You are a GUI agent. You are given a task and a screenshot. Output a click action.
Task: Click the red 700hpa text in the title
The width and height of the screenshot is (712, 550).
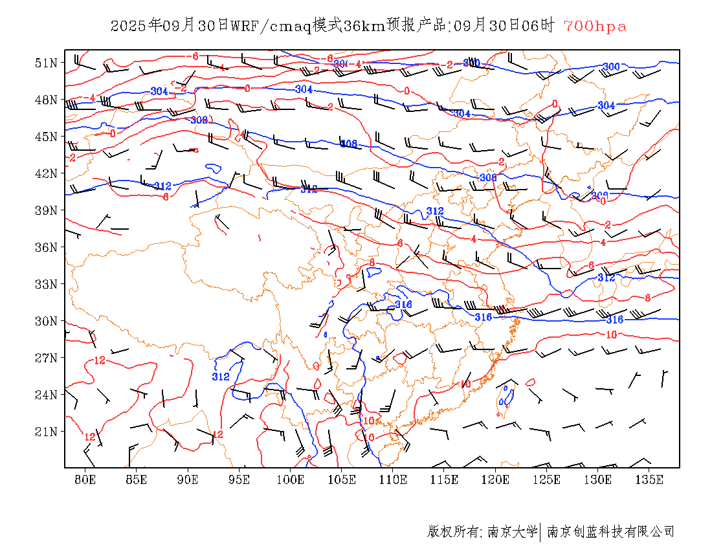coord(595,27)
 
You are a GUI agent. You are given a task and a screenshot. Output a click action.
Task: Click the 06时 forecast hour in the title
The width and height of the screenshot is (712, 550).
coord(539,27)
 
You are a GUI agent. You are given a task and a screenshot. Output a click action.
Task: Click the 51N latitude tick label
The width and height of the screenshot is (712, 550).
coord(46,63)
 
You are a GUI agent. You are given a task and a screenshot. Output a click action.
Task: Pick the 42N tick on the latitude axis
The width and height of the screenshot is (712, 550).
coord(46,173)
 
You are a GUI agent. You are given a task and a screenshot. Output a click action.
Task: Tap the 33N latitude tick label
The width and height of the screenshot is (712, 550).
coord(46,284)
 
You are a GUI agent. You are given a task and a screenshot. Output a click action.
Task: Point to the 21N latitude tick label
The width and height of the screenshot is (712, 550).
coord(46,432)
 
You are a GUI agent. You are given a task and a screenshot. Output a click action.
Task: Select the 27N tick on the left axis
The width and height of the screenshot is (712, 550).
coord(46,358)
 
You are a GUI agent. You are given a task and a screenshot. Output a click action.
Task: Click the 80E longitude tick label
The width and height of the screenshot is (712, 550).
coord(85,479)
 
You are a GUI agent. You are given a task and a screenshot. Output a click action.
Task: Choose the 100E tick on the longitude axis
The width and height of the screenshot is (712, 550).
coord(291,479)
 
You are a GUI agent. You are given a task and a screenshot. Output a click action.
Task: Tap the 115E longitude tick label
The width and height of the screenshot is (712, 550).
coord(445,479)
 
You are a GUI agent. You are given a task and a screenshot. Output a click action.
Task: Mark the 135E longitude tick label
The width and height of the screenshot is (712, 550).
coord(650,479)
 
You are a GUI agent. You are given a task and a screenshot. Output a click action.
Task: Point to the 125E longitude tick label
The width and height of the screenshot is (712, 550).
coord(547,479)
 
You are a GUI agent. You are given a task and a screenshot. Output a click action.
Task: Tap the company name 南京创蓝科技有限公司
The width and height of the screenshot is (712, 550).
coord(610,532)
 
